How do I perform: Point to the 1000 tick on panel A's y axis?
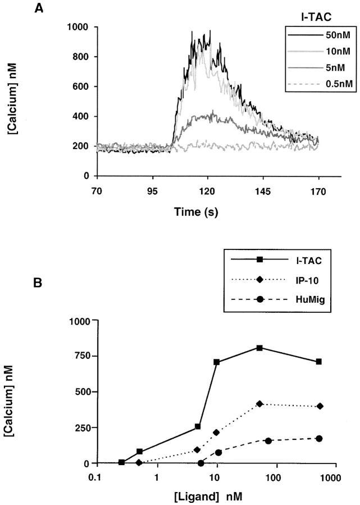pos(78,27)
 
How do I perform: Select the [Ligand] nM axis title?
pos(215,498)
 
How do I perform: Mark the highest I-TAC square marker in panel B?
pos(259,348)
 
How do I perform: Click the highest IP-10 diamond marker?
pos(259,404)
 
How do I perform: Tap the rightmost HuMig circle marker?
pos(319,438)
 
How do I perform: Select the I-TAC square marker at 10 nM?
pos(216,362)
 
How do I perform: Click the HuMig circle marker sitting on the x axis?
pos(200,463)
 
